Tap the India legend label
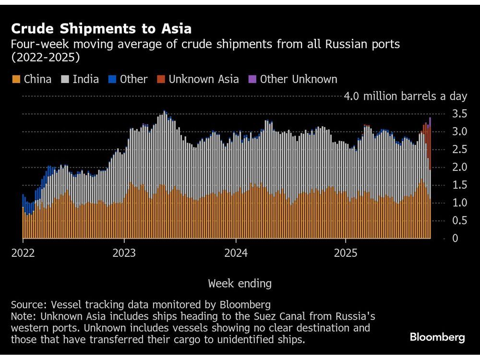[86, 79]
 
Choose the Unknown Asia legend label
[204, 79]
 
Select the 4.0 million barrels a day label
[405, 96]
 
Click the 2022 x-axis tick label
[22, 253]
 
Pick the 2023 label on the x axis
[124, 253]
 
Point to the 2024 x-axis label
[236, 253]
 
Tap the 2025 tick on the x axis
[346, 253]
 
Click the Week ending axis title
[240, 283]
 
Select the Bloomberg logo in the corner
[437, 337]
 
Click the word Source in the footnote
[26, 305]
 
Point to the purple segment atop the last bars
[430, 121]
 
